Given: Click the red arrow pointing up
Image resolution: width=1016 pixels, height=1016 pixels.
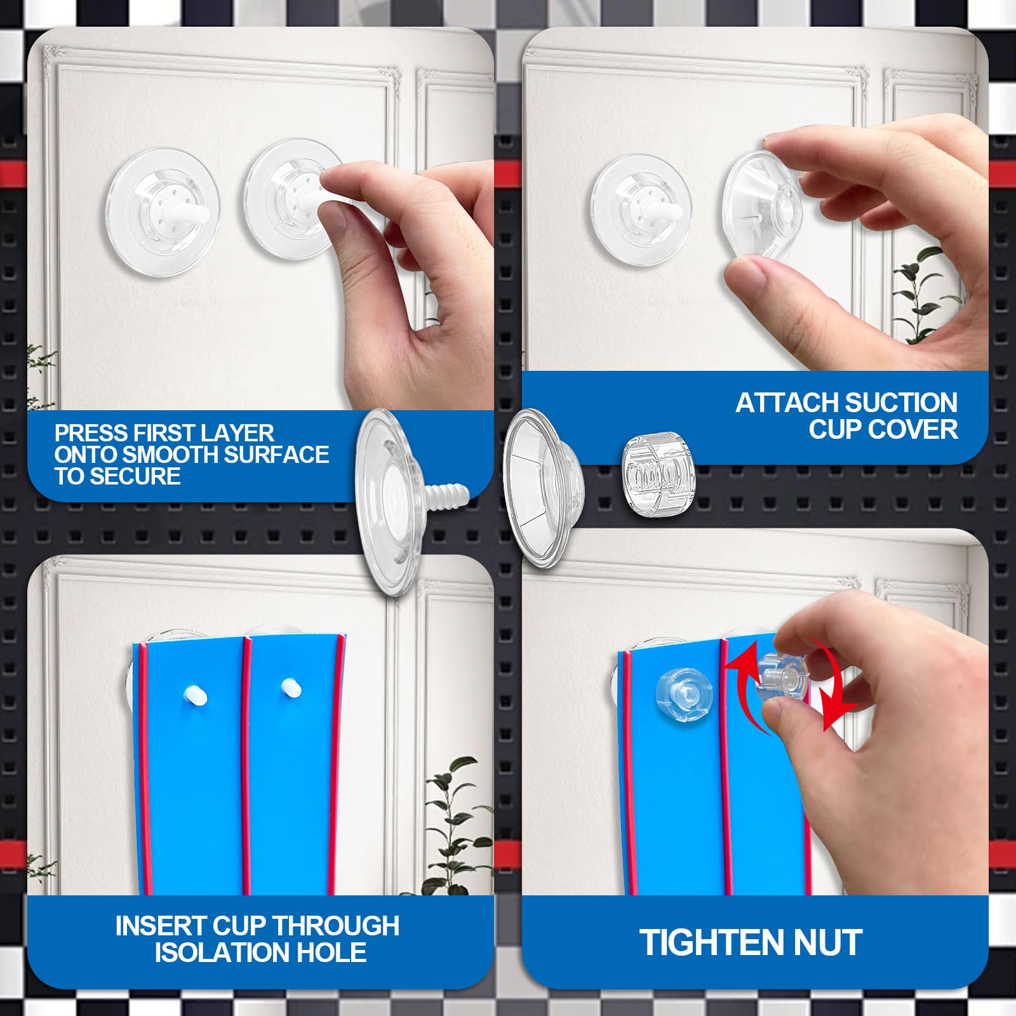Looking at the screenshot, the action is coord(743,673).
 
